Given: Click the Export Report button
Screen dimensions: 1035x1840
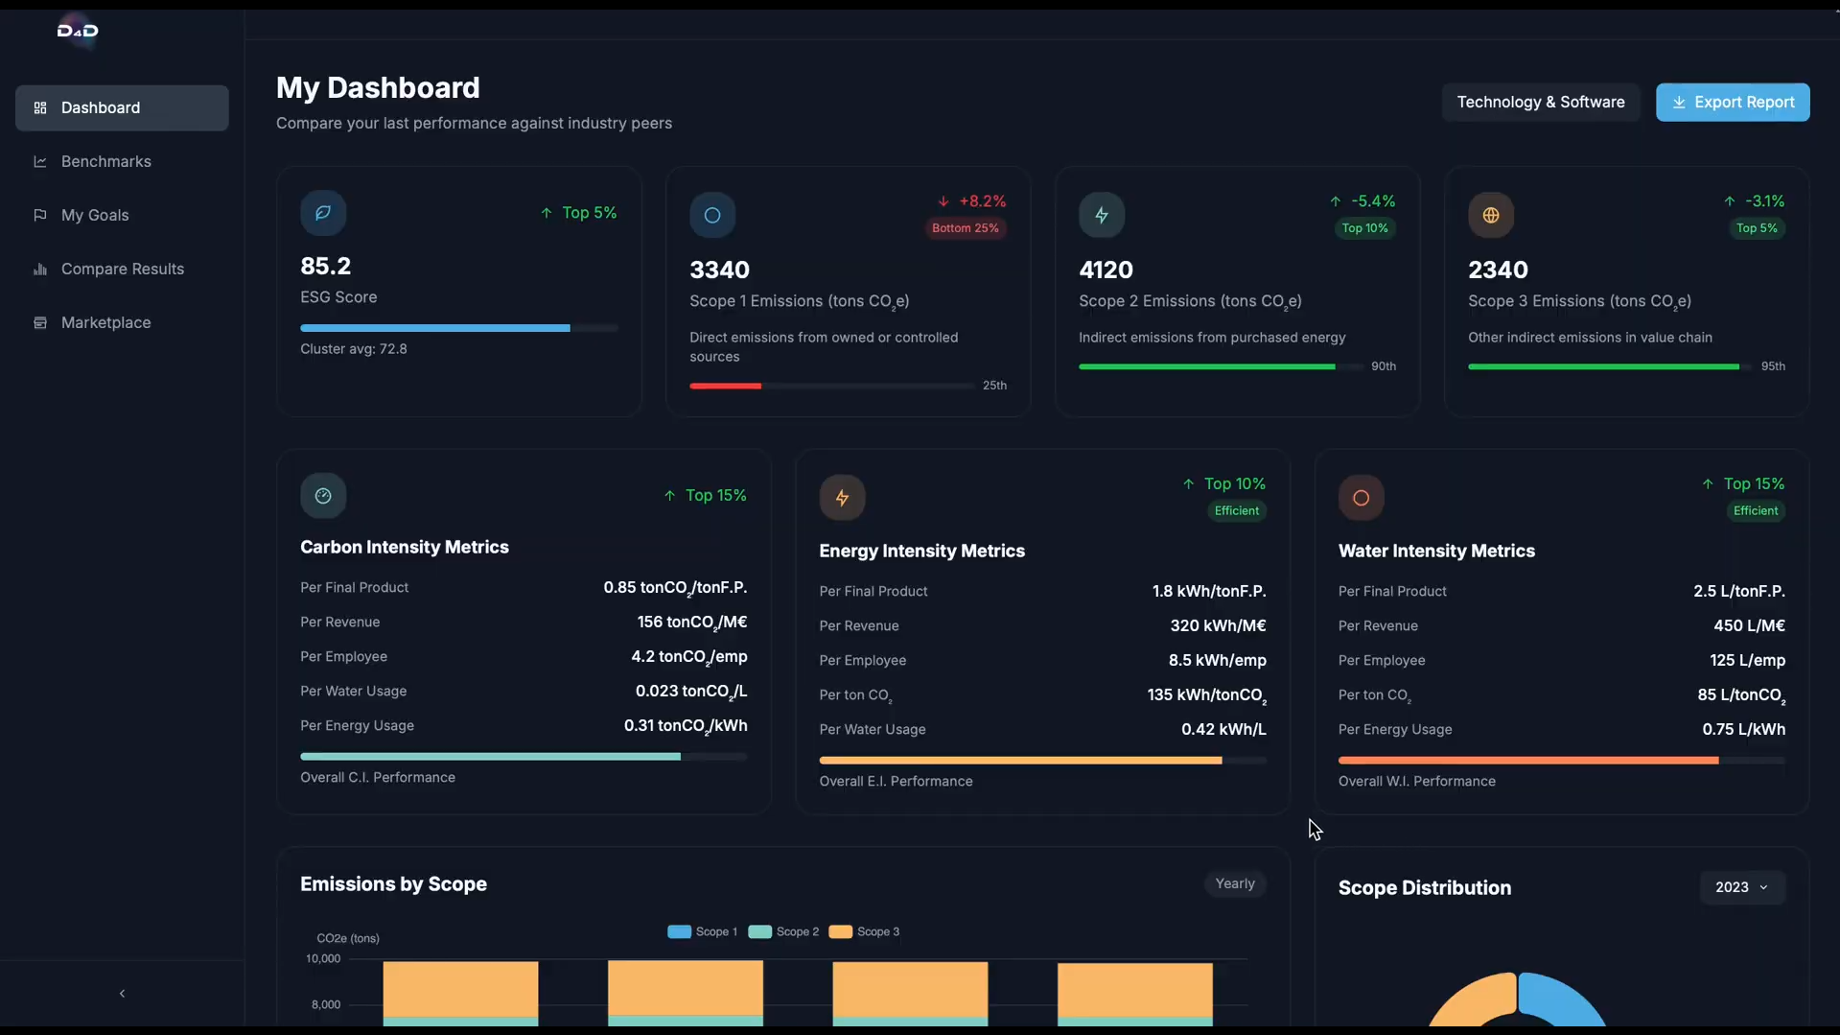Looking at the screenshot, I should pyautogui.click(x=1733, y=103).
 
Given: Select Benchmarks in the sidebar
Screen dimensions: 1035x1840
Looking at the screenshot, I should pyautogui.click(x=105, y=161).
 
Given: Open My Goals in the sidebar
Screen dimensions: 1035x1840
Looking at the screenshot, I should pyautogui.click(x=94, y=215).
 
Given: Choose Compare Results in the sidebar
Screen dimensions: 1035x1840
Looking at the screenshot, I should pyautogui.click(x=122, y=269).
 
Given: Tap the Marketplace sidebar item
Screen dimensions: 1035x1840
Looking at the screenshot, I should pyautogui.click(x=105, y=322).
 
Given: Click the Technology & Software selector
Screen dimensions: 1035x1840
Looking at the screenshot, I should pyautogui.click(x=1540, y=103).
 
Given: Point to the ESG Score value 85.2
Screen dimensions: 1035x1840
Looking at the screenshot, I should pyautogui.click(x=325, y=266).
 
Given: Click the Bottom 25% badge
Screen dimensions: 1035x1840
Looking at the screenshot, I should pyautogui.click(x=965, y=228).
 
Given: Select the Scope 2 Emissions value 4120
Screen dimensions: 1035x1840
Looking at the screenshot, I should pyautogui.click(x=1106, y=270).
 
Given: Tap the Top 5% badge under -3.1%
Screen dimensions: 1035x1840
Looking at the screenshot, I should pyautogui.click(x=1756, y=228).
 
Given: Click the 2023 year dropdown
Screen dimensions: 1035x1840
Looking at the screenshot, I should pyautogui.click(x=1741, y=887).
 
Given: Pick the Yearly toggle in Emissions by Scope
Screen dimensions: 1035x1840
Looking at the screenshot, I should pyautogui.click(x=1234, y=883).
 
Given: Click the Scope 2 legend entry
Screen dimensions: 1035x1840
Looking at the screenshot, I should pyautogui.click(x=784, y=931).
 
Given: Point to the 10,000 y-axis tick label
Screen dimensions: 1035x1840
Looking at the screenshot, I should pyautogui.click(x=323, y=958).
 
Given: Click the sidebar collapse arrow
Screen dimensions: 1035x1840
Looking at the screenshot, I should pyautogui.click(x=122, y=994).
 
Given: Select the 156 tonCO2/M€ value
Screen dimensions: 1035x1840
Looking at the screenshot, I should pyautogui.click(x=691, y=623).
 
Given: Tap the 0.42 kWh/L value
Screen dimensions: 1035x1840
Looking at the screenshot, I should pyautogui.click(x=1223, y=729).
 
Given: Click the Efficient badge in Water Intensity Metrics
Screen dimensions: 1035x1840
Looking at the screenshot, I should pyautogui.click(x=1755, y=511).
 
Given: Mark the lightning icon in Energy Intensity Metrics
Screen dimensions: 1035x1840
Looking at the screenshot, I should pyautogui.click(x=842, y=498).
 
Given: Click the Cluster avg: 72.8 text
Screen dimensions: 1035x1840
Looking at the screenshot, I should pyautogui.click(x=353, y=349).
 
